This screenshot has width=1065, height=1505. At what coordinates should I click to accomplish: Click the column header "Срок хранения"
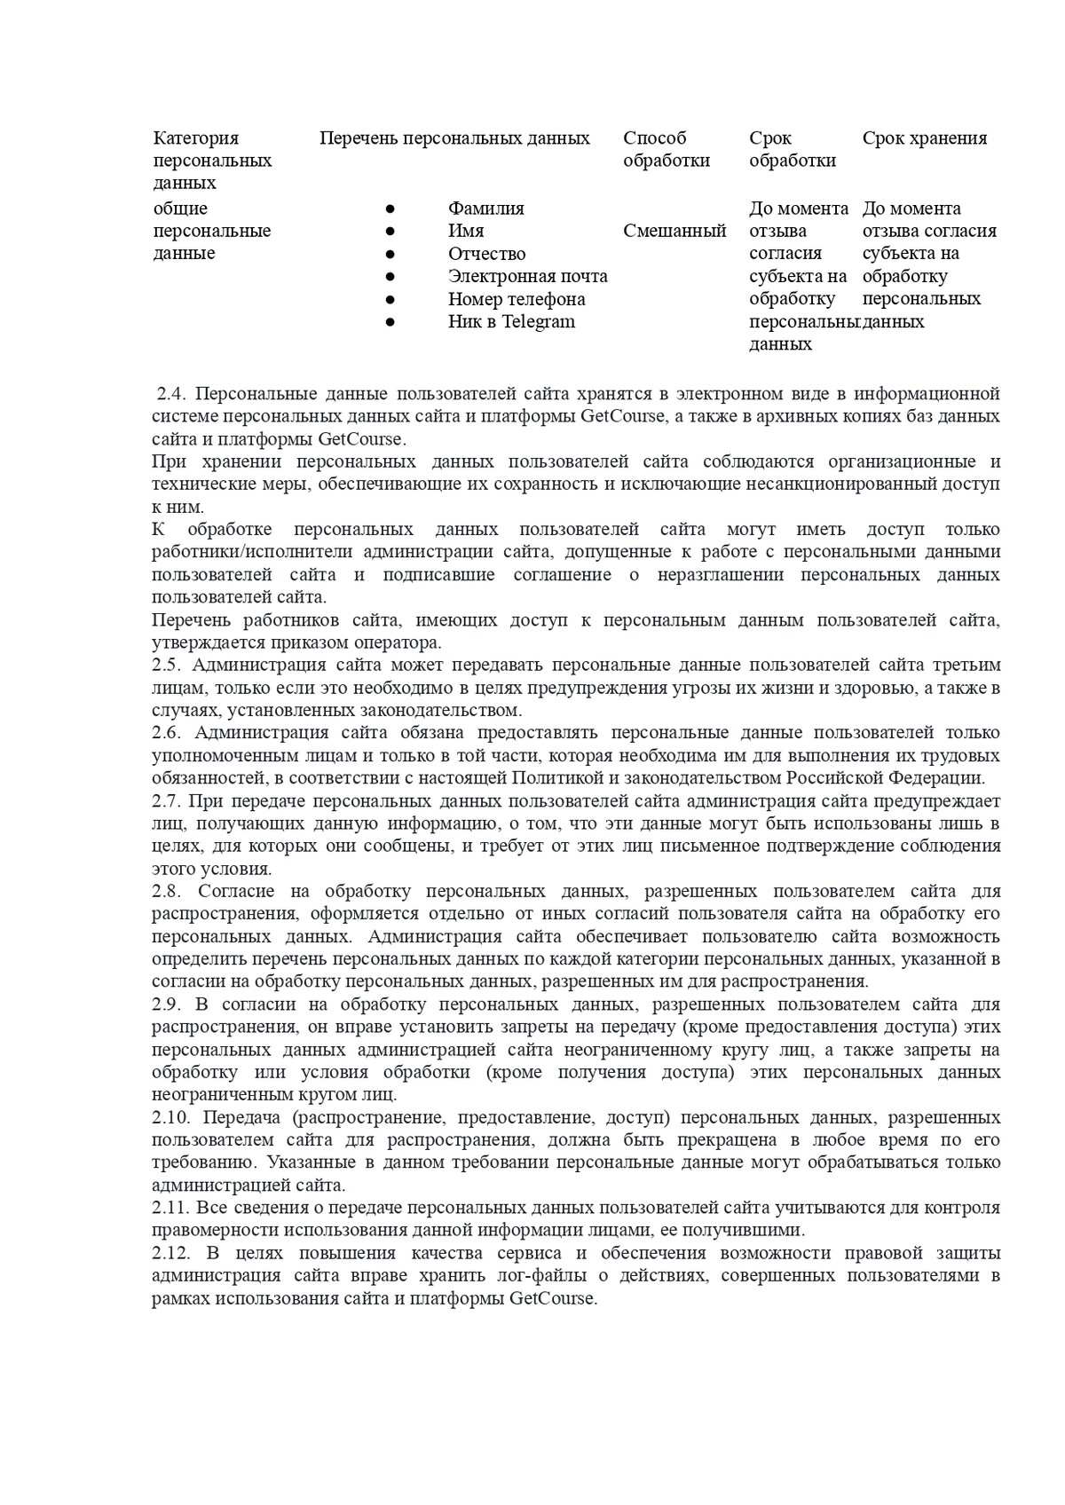[x=924, y=138]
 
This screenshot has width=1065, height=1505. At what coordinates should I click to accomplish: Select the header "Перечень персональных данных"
[x=454, y=138]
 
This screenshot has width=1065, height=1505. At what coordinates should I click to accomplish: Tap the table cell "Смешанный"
[x=674, y=232]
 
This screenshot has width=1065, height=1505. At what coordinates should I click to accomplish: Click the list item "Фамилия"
[x=485, y=209]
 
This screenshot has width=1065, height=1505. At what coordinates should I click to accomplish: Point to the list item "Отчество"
[x=486, y=254]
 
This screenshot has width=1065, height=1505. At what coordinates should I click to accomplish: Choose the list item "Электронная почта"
[x=527, y=277]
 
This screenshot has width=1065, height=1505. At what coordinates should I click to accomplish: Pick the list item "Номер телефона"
[x=516, y=299]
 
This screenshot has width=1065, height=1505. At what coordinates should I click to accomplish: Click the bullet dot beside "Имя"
[x=390, y=232]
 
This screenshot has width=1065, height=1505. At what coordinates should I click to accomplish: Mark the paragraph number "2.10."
[x=170, y=1118]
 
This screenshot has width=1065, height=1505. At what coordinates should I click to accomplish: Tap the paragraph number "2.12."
[x=170, y=1254]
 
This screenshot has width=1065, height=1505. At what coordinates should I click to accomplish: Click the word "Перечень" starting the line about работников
[x=189, y=620]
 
